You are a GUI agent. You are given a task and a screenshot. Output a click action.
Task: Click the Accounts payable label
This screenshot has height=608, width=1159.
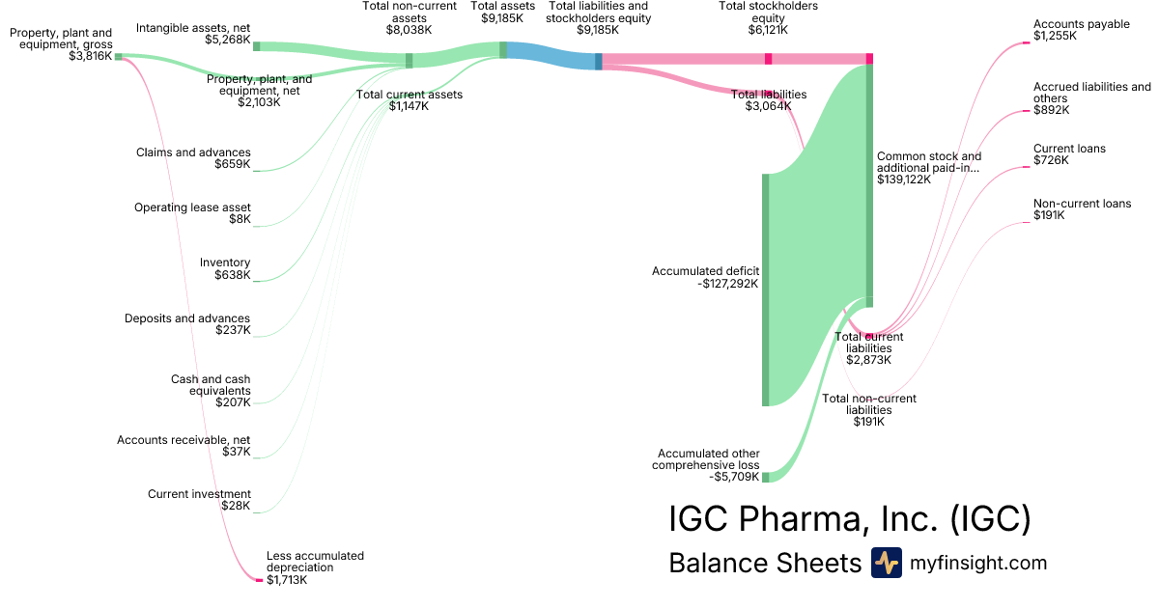[1082, 24]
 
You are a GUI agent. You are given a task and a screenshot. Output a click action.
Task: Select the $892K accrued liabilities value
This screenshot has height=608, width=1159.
[1052, 110]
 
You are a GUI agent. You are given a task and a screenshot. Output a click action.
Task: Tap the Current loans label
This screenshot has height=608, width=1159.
[1069, 149]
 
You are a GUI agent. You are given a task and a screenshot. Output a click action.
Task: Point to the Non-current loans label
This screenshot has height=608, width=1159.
[1083, 204]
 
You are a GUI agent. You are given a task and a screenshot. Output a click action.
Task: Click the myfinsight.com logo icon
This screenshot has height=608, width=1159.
[887, 563]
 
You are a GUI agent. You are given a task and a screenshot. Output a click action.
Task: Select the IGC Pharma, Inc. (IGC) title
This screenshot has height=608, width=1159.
[850, 518]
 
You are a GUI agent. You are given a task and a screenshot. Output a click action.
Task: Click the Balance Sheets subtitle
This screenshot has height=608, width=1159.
[765, 563]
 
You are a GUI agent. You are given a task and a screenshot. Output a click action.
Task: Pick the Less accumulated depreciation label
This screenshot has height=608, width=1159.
[315, 562]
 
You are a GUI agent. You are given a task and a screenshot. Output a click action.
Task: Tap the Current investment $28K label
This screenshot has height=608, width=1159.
[199, 500]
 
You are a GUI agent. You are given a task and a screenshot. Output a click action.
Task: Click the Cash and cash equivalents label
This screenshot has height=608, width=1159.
[211, 385]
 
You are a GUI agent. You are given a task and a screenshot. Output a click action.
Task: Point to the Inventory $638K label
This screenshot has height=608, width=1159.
[225, 268]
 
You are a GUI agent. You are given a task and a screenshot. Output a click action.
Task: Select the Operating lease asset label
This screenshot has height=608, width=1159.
[192, 207]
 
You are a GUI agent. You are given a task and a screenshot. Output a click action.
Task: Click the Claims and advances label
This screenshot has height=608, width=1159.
[193, 152]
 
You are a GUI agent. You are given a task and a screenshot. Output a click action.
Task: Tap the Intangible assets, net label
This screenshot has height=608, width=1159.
[193, 28]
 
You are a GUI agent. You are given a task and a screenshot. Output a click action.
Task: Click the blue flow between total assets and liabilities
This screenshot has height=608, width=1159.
[551, 56]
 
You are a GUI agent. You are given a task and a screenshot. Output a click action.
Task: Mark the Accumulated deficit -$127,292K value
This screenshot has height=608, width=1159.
[727, 284]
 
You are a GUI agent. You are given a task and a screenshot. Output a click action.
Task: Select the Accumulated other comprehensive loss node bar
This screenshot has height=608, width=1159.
[765, 477]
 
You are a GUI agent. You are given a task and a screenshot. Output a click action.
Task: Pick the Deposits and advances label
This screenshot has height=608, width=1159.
[187, 318]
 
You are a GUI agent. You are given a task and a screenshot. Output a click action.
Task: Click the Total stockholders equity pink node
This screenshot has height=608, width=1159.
[769, 59]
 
